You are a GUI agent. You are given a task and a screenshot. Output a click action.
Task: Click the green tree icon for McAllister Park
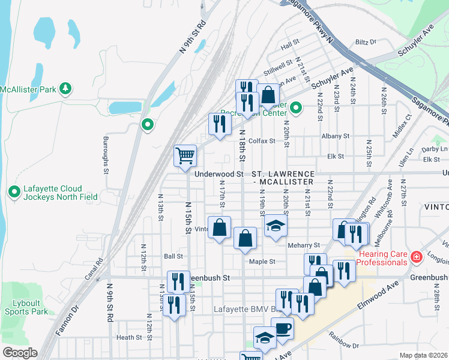coord(65,90)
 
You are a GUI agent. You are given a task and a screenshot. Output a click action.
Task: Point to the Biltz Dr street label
coord(365,42)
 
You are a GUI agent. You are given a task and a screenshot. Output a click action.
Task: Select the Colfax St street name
coord(261,141)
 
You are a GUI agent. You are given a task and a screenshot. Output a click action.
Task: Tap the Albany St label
coord(335,137)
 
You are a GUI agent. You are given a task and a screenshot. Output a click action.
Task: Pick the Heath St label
coord(129,338)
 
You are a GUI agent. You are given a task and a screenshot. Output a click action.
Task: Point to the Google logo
coord(20,353)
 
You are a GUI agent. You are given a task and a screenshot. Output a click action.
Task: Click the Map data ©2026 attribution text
coord(423,355)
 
